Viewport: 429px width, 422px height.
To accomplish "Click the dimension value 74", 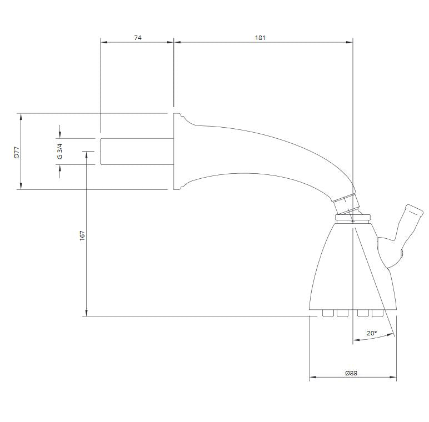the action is pyautogui.click(x=138, y=38).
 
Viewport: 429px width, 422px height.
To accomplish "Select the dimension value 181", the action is pyautogui.click(x=260, y=38).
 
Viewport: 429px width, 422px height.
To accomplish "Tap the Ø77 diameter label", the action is pyautogui.click(x=17, y=152).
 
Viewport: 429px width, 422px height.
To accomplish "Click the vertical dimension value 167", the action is pyautogui.click(x=82, y=235).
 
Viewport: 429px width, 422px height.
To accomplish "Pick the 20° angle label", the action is pyautogui.click(x=372, y=333).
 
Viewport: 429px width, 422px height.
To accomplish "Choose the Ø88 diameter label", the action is pyautogui.click(x=351, y=373).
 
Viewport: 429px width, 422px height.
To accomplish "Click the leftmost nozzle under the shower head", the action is pyautogui.click(x=328, y=313).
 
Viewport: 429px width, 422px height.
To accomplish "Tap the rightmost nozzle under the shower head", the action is pyautogui.click(x=377, y=313).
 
